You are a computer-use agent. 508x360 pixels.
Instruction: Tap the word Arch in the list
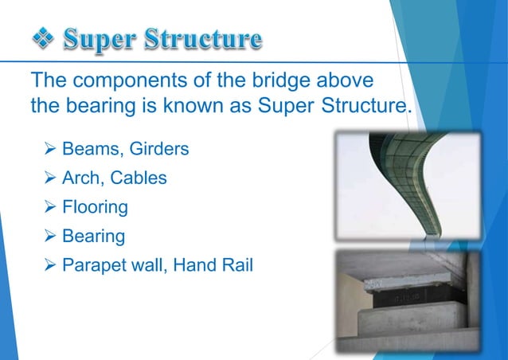(82, 178)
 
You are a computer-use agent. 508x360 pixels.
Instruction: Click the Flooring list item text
(96, 207)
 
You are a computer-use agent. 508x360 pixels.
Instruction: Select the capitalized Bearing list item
(93, 237)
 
